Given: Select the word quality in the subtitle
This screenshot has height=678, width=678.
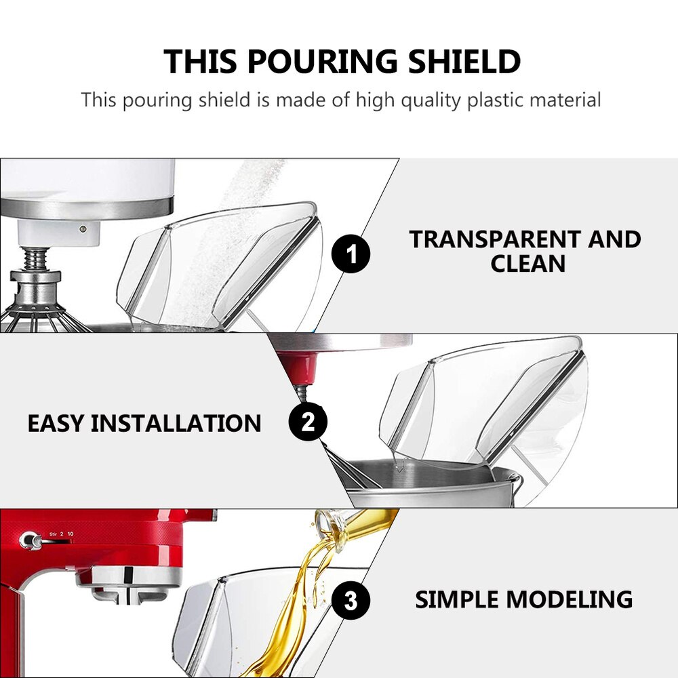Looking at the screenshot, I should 431,100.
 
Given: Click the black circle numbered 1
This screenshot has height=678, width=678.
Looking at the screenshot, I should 351,256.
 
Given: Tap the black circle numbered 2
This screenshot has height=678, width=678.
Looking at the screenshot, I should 308,423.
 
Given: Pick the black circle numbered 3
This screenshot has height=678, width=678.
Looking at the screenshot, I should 351,599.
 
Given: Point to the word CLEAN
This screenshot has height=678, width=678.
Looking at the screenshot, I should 527,264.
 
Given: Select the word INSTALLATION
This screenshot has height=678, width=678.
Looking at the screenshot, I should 176,424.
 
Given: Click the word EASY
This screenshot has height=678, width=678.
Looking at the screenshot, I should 56,424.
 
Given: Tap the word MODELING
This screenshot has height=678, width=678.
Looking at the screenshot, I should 570,599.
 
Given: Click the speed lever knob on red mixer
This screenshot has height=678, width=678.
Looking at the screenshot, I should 28,540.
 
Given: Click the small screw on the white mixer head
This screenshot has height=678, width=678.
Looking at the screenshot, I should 82,229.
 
